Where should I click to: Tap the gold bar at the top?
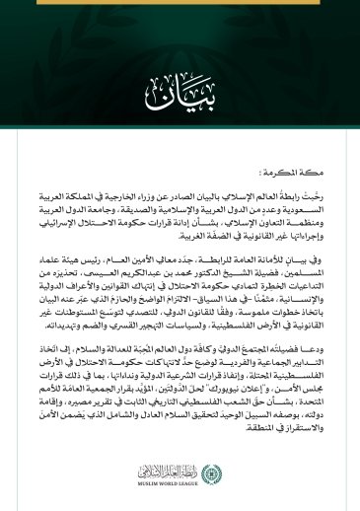tap(180, 3)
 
